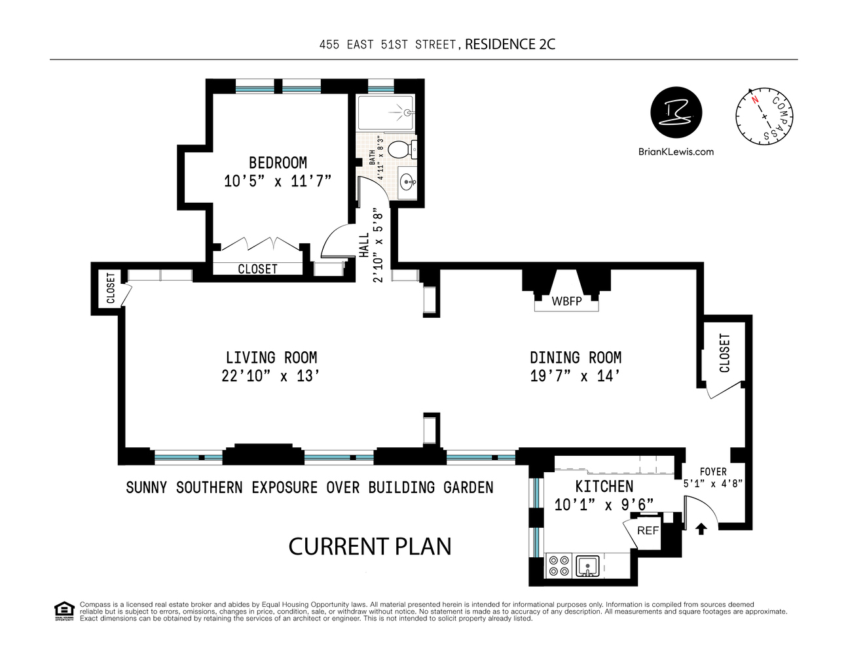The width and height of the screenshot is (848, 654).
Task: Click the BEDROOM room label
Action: (x=278, y=163)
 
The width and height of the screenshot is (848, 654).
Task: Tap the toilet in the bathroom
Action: (x=400, y=150)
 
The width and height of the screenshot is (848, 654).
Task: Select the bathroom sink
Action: (x=407, y=182)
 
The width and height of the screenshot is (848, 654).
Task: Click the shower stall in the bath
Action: (x=386, y=112)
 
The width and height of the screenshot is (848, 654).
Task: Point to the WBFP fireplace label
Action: (x=566, y=301)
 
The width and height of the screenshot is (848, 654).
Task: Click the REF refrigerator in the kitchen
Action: (x=648, y=530)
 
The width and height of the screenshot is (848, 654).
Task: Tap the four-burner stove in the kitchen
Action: (x=559, y=566)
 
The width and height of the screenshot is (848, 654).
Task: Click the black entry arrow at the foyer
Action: (x=701, y=528)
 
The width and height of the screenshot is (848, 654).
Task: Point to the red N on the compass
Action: (x=755, y=100)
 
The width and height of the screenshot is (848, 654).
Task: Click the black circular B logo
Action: (x=676, y=112)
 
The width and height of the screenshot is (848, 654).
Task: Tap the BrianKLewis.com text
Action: (x=676, y=152)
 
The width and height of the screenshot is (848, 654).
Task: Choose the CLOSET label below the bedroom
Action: (x=257, y=269)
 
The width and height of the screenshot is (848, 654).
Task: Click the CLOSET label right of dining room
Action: (x=724, y=353)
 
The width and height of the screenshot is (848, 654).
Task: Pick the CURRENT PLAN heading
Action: (x=370, y=547)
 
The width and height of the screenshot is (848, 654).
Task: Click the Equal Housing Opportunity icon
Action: (x=64, y=611)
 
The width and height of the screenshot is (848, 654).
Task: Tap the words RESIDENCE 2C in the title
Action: (x=510, y=44)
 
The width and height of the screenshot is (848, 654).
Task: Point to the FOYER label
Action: (x=713, y=472)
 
